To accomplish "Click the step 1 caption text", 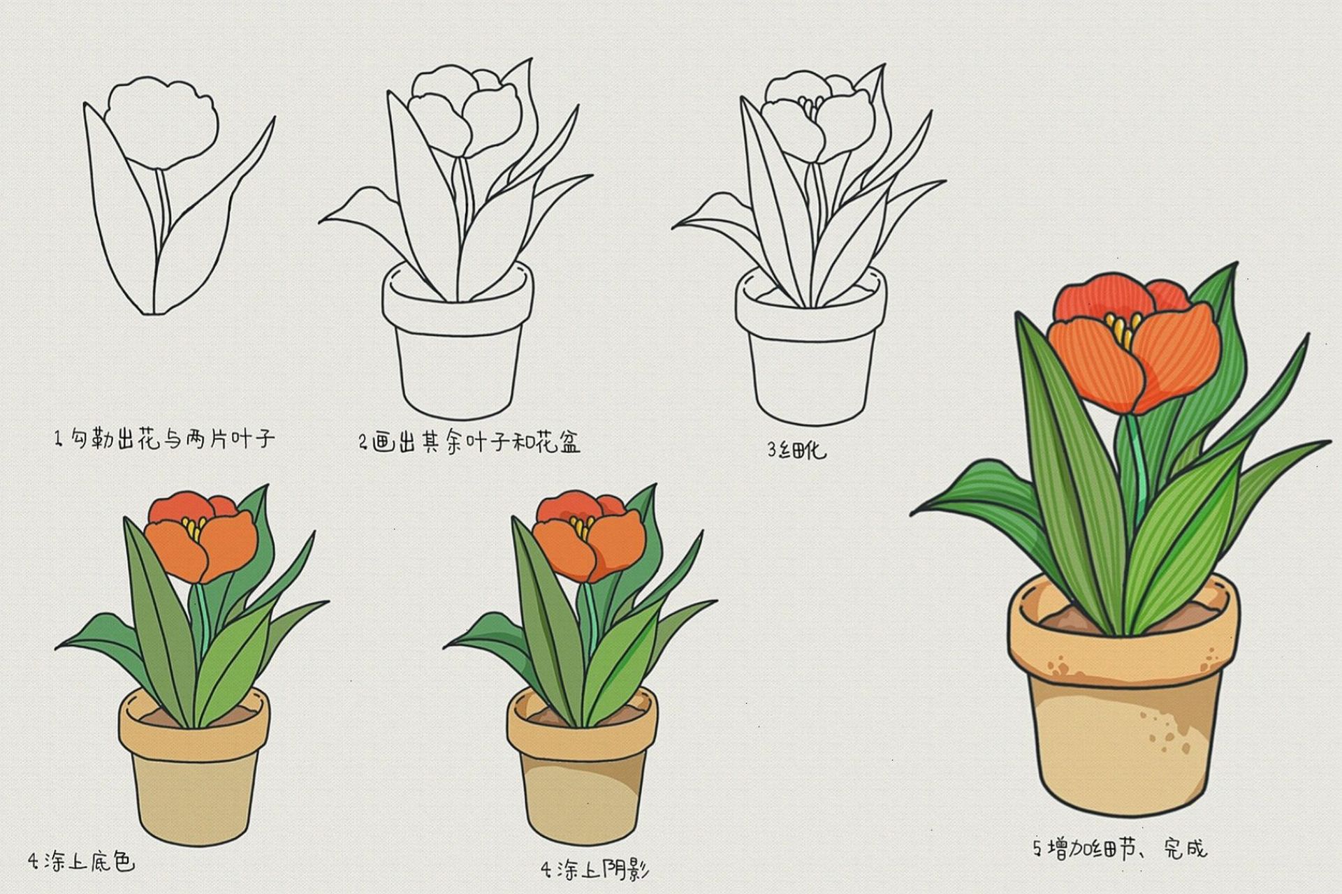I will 165,439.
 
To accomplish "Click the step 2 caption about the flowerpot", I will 469,443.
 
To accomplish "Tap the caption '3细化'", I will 796,450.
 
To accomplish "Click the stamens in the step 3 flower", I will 810,108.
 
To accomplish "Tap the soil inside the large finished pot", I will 1069,618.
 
